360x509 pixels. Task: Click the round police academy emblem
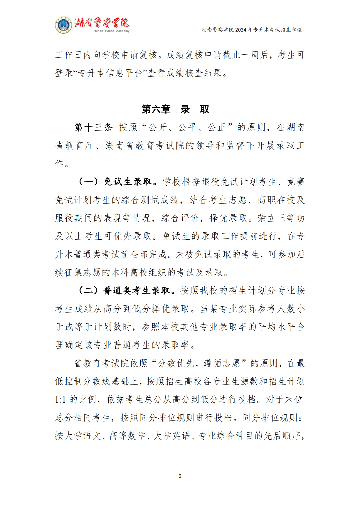63,25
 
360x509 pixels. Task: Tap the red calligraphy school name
102,23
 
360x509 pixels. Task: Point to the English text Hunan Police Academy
111,31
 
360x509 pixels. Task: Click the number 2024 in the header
241,30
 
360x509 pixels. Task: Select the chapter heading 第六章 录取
175,109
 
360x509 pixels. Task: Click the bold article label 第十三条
94,127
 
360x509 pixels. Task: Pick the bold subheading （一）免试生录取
115,182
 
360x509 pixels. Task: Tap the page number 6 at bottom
180,476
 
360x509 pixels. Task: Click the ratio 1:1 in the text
60,400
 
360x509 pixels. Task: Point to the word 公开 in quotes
158,127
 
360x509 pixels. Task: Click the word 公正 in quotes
217,127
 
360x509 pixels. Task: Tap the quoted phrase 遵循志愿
222,363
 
